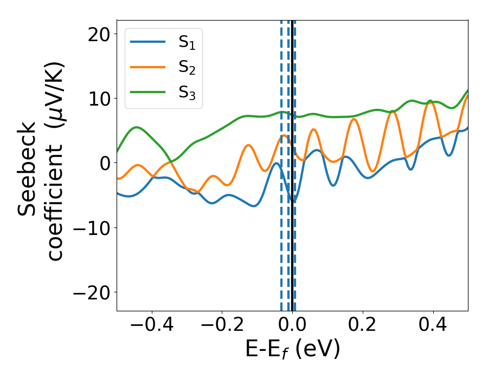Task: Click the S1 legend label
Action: pyautogui.click(x=187, y=43)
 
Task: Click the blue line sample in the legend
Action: pyautogui.click(x=147, y=42)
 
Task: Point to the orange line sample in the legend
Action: pyautogui.click(x=147, y=67)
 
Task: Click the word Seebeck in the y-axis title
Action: pyautogui.click(x=28, y=168)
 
